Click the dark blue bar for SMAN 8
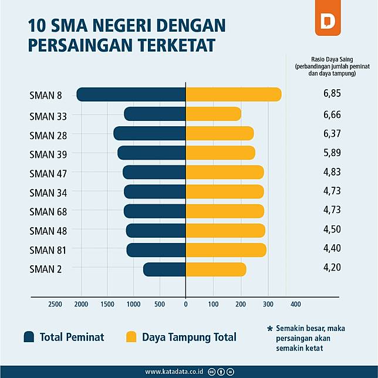(x=131, y=94)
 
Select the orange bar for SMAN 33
(x=213, y=114)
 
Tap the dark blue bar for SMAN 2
(x=164, y=269)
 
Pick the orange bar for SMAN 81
(x=226, y=250)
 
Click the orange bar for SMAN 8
(x=234, y=94)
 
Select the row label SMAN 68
(x=48, y=212)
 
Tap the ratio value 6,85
(x=332, y=93)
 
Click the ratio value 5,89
(x=332, y=153)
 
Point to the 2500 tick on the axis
(x=55, y=304)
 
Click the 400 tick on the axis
(x=295, y=304)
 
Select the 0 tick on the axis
(x=185, y=304)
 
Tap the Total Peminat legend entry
(x=63, y=337)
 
